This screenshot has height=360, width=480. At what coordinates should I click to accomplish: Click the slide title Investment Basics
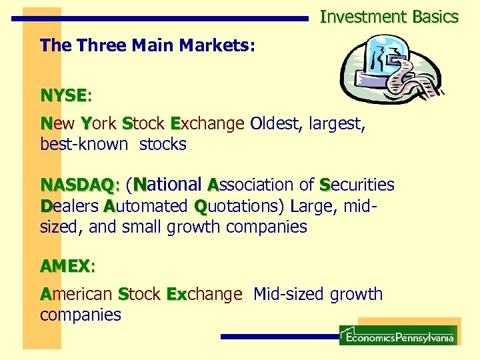(x=389, y=17)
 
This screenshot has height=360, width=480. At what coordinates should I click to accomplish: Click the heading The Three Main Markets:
(x=147, y=46)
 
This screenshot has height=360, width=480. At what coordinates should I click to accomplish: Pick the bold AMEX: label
(x=67, y=266)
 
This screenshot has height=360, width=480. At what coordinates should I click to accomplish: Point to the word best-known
(x=83, y=144)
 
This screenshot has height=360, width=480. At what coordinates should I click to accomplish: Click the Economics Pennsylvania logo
(x=398, y=335)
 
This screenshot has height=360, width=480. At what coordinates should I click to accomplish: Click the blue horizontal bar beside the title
(x=160, y=19)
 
